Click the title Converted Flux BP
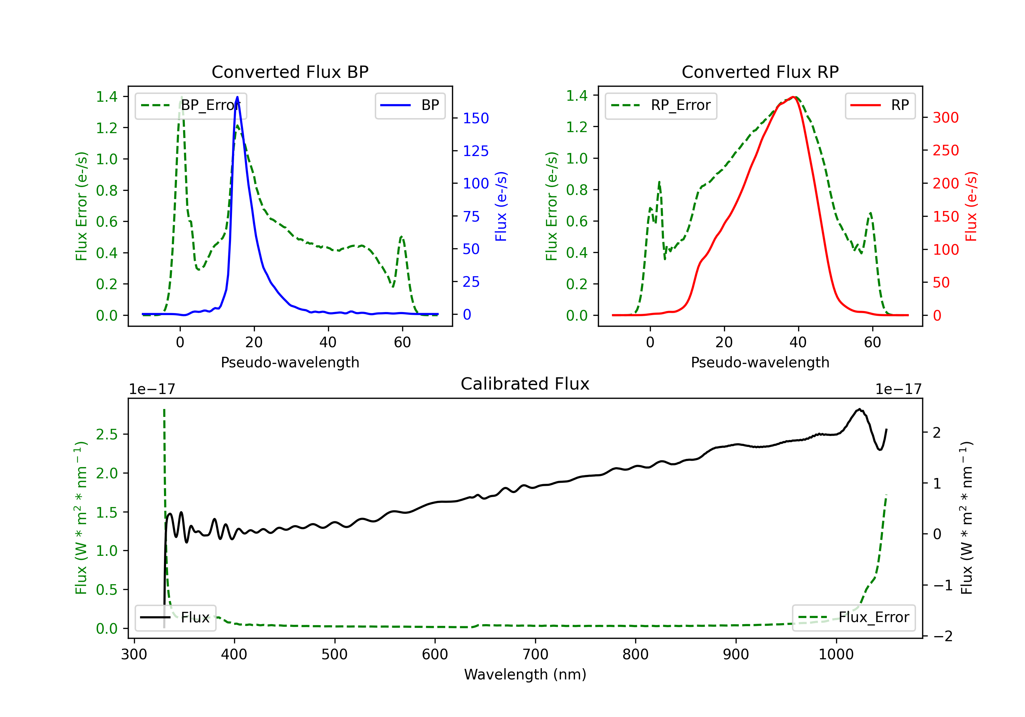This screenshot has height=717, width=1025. [x=290, y=72]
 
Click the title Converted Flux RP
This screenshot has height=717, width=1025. [x=760, y=72]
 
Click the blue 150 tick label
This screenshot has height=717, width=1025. [x=476, y=118]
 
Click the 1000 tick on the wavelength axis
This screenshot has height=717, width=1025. [x=836, y=655]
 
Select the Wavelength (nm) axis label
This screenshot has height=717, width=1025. [x=525, y=674]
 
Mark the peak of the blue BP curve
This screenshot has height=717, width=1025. [x=237, y=97]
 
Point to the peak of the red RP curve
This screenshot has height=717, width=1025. [x=793, y=97]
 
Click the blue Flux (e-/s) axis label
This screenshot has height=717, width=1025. [x=501, y=206]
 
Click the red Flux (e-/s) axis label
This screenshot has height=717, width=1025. [x=971, y=206]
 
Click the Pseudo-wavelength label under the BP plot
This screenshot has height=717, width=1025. [x=290, y=362]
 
